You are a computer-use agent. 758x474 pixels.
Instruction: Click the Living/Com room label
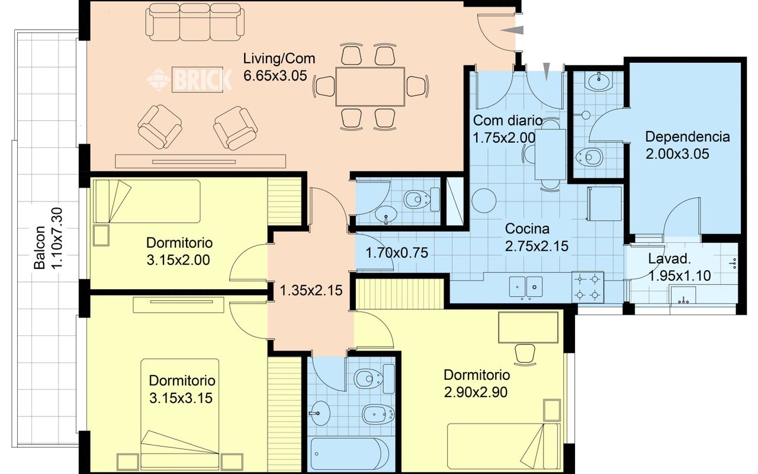tap(279, 59)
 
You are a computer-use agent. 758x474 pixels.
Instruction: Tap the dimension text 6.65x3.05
tap(275, 75)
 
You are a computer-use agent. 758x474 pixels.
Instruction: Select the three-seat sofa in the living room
tap(195, 23)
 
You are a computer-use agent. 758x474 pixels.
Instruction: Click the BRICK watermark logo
tap(190, 79)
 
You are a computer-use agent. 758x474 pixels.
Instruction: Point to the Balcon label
tap(40, 248)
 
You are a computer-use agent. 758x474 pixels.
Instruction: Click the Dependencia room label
tap(688, 137)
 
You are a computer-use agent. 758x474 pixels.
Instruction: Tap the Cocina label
tap(527, 229)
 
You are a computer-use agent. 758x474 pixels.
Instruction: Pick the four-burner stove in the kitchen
tap(587, 287)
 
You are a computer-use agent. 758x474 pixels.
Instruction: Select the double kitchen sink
tap(526, 287)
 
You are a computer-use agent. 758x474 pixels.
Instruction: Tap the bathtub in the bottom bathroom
tap(350, 454)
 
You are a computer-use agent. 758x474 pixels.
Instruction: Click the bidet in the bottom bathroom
tap(378, 414)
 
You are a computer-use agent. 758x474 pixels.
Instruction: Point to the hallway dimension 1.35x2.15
tap(311, 290)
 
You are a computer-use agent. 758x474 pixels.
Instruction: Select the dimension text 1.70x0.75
tap(397, 253)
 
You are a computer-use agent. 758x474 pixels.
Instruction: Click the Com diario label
tap(508, 120)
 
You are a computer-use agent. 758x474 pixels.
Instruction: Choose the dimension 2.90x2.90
tap(476, 392)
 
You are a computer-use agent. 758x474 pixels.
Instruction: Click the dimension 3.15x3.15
tap(181, 398)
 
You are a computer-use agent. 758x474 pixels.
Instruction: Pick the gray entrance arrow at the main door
tap(512, 30)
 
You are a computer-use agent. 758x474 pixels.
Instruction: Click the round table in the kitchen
tap(484, 200)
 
